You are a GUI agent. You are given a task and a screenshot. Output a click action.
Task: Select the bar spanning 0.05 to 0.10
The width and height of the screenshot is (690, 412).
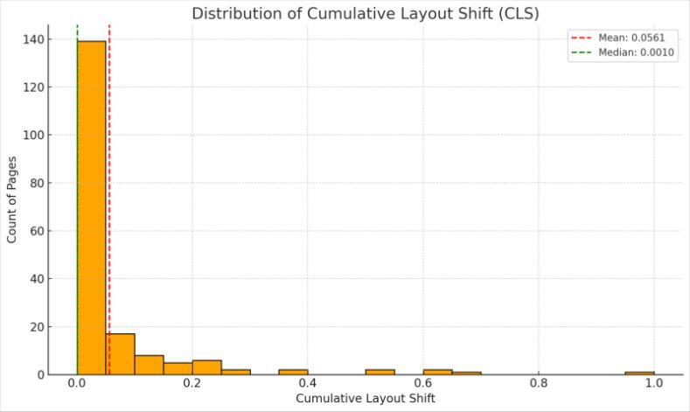coord(121,354)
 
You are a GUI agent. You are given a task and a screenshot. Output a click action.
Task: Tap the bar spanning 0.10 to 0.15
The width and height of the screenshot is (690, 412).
coord(150,365)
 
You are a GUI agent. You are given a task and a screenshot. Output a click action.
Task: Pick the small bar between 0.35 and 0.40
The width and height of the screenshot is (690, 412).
coord(293,372)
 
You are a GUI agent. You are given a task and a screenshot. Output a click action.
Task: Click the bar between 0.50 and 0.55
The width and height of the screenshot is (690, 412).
coord(380,372)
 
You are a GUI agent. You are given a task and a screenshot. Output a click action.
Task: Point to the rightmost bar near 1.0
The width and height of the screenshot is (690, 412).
coord(639,373)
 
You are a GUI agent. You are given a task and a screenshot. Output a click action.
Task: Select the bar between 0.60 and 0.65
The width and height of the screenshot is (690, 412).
coord(437,372)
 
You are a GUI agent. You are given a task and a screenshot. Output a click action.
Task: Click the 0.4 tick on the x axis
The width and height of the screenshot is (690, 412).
coord(308,383)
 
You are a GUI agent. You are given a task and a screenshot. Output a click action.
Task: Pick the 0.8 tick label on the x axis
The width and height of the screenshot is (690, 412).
coord(539,383)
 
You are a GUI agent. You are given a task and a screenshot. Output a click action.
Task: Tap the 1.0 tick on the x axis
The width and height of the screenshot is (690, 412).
coord(654,383)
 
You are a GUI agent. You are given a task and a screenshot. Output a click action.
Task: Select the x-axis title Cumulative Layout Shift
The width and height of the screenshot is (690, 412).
coord(366,399)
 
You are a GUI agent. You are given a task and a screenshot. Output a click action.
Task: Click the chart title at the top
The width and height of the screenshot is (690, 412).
coord(366,13)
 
